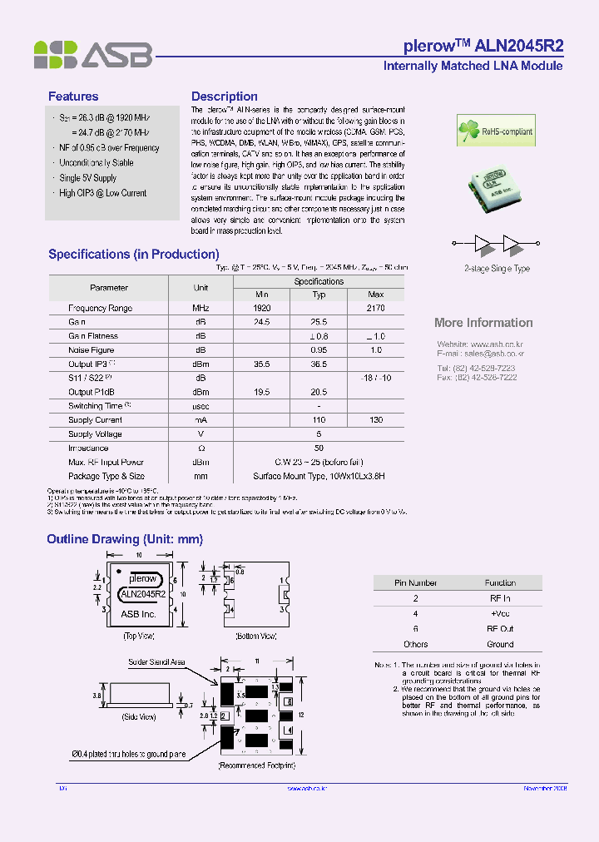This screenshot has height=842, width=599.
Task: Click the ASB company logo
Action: tap(92, 54)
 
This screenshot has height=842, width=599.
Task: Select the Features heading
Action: tap(73, 97)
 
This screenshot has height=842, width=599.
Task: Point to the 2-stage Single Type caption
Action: tap(497, 269)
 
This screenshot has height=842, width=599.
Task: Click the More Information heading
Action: tap(483, 323)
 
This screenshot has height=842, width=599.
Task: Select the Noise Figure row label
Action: tap(92, 350)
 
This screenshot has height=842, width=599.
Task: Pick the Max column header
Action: tap(375, 295)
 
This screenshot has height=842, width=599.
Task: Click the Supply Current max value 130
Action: tap(375, 420)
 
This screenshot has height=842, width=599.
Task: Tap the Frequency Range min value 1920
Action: tap(261, 308)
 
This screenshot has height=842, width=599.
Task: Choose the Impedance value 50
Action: tap(319, 448)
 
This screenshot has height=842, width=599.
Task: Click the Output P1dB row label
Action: tap(92, 392)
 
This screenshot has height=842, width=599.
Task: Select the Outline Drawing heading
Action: tap(125, 539)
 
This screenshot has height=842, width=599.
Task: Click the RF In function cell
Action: tap(500, 598)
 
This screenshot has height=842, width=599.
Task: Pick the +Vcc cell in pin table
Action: tap(500, 613)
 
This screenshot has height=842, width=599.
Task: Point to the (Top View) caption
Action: tap(139, 636)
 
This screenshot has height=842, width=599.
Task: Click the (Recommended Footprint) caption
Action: tap(256, 764)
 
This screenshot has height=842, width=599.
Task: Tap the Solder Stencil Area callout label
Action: tap(156, 662)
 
